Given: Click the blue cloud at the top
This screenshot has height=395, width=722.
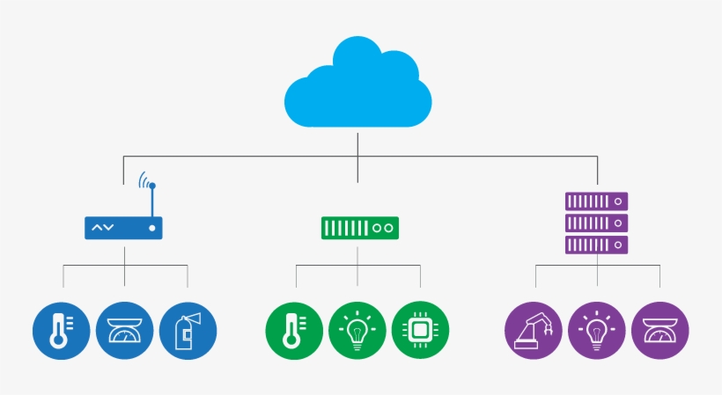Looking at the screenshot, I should (357, 84).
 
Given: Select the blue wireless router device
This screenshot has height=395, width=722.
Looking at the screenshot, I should (124, 228).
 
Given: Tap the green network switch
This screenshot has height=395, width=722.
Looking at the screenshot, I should (359, 228).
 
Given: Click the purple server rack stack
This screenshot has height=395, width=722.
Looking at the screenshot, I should (596, 223).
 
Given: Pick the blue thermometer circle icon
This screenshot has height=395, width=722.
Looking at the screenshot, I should (61, 331).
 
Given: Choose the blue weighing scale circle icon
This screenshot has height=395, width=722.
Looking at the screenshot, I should (124, 331).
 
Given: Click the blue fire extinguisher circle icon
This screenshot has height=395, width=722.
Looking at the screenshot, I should (188, 331).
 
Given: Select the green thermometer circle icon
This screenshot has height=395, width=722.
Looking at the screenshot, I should (293, 331).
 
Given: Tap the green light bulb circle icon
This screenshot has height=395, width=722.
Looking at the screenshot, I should (357, 331).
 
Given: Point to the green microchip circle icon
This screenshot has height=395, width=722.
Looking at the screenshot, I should (420, 331).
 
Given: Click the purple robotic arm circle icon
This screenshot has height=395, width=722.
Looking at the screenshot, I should (533, 331).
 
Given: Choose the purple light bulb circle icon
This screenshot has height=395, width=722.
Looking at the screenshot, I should (596, 331).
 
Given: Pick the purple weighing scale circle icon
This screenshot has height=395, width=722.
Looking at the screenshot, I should (659, 331).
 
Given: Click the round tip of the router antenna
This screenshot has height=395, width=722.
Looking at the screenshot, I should (152, 186).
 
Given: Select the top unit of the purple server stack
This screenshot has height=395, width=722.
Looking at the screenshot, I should (596, 201).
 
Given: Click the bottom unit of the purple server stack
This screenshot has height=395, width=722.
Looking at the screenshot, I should (596, 244).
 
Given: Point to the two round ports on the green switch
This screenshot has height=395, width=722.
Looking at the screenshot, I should (382, 228).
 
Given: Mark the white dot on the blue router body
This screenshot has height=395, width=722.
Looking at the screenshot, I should (152, 228).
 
